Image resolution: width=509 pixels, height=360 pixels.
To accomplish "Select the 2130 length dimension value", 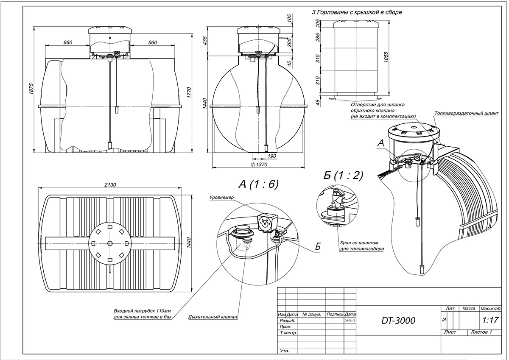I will pyautogui.click(x=111, y=184).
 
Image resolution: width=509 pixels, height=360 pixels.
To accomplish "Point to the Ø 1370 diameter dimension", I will pyautogui.click(x=260, y=164).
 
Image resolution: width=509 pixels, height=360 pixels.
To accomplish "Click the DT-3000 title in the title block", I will pyautogui.click(x=398, y=321).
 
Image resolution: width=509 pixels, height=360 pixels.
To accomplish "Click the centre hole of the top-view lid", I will pyautogui.click(x=110, y=243).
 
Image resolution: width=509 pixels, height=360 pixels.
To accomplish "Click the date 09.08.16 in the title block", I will pyautogui.click(x=350, y=321).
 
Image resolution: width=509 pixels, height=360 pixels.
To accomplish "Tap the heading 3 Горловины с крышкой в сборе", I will pyautogui.click(x=357, y=12).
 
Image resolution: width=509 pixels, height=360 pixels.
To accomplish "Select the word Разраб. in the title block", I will pyautogui.click(x=288, y=321).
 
